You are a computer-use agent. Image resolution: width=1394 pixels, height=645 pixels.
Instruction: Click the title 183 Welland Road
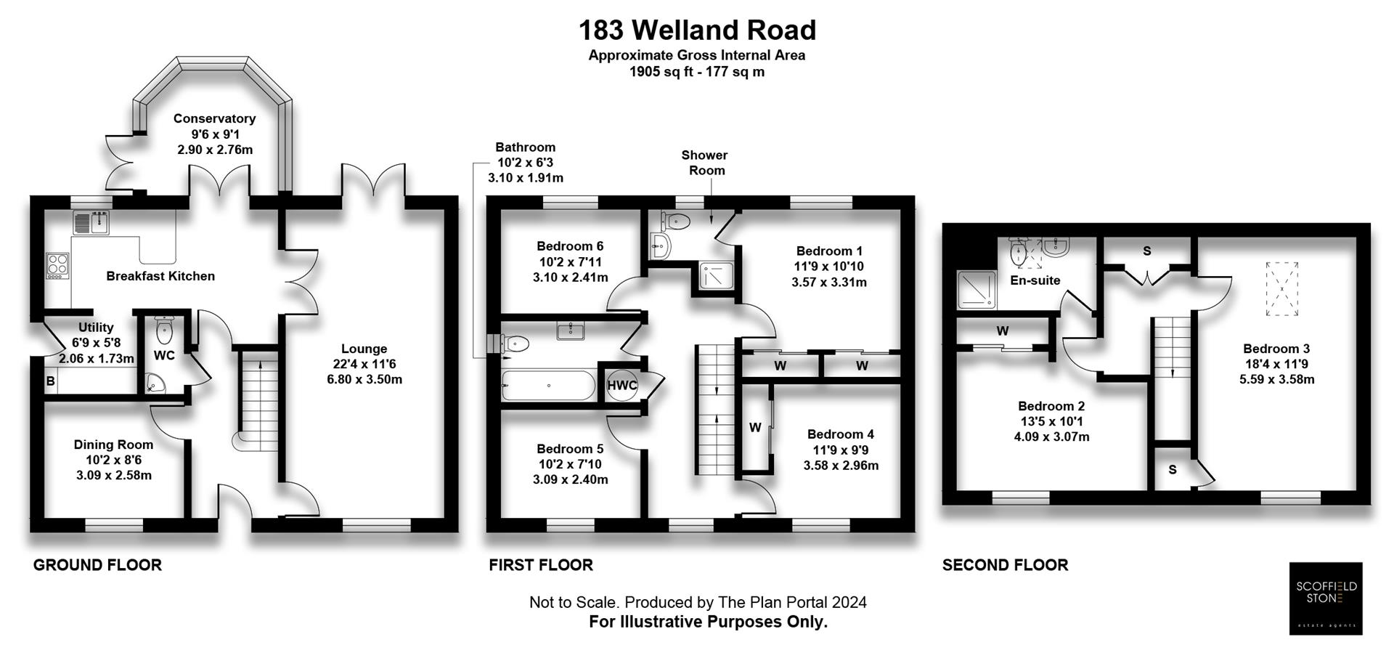pos(697,31)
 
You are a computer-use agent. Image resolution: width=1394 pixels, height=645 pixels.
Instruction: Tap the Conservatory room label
pos(214,118)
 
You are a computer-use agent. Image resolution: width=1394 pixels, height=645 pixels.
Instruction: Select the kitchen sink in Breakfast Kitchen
pos(91,222)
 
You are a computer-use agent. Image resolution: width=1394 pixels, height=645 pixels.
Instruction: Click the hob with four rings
pos(57,266)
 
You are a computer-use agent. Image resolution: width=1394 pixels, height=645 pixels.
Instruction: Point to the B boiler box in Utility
pos(51,381)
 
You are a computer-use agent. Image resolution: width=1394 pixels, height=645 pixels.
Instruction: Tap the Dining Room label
pos(113,445)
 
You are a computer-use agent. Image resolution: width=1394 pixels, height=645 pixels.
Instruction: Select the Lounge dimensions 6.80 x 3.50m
pos(364,379)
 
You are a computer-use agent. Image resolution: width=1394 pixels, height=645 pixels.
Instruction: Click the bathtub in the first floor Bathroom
pos(548,386)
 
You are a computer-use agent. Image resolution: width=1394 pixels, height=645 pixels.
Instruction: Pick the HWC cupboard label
pos(621,386)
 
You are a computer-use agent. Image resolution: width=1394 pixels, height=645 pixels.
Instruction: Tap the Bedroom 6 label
pos(570,246)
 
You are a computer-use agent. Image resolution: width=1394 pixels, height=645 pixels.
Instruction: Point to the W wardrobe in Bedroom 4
pos(755,428)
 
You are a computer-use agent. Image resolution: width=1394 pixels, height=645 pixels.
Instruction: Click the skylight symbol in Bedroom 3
pos(1282,289)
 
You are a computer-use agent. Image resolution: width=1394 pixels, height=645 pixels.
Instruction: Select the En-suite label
pos(1035,280)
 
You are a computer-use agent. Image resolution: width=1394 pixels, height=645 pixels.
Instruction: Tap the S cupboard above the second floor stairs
pos(1147,251)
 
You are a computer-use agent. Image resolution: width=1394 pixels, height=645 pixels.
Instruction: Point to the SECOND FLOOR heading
pos(1005,565)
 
